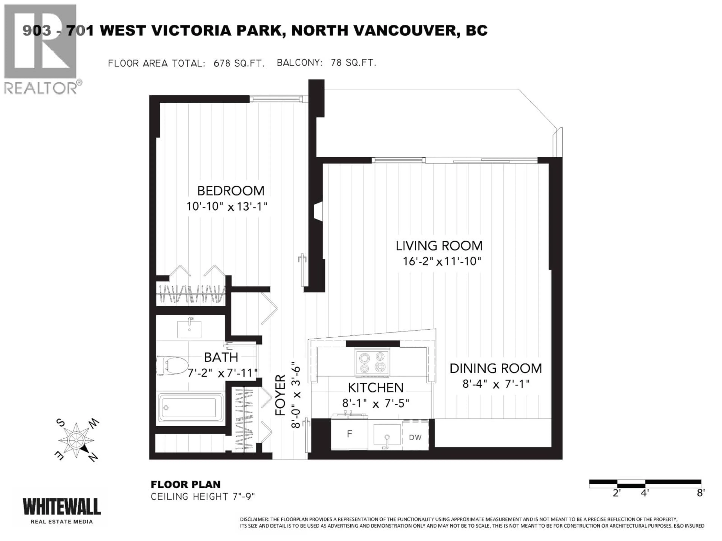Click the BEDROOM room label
231,191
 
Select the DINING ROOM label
495,369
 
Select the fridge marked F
349,434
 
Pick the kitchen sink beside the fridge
387,434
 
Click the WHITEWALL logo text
61,507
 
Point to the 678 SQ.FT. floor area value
239,63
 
